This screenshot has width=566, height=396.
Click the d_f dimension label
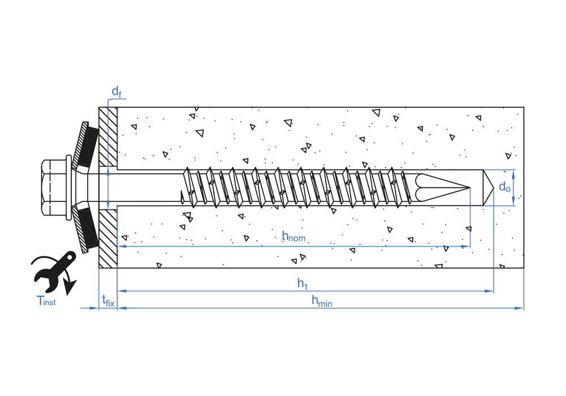pyautogui.click(x=116, y=92)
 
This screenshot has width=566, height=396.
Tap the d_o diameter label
pyautogui.click(x=505, y=187)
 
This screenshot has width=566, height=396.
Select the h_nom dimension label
pyautogui.click(x=294, y=236)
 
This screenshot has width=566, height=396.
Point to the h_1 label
pyautogui.click(x=302, y=283)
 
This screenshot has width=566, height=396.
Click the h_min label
pyautogui.click(x=321, y=301)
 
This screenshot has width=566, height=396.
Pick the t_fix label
pyautogui.click(x=108, y=300)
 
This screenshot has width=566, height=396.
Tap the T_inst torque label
pyautogui.click(x=46, y=300)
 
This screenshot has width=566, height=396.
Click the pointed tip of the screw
pyautogui.click(x=469, y=188)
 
